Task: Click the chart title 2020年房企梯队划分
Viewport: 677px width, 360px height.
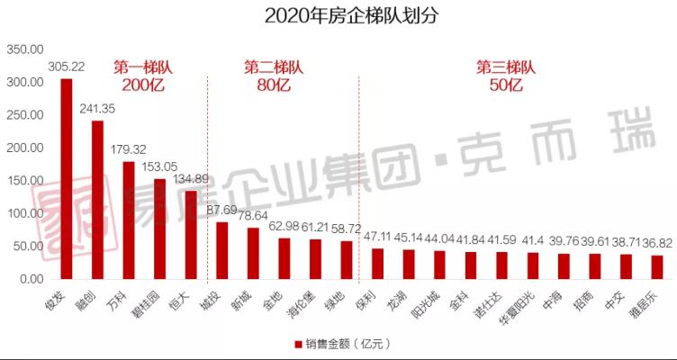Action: [x=338, y=16]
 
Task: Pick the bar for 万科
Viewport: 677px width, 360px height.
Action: [x=129, y=220]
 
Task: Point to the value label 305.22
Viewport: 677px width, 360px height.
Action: [x=66, y=67]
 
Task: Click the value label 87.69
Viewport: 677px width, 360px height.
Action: [x=222, y=210]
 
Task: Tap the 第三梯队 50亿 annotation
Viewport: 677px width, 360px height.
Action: [x=506, y=76]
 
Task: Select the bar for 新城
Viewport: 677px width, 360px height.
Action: [x=253, y=253]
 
